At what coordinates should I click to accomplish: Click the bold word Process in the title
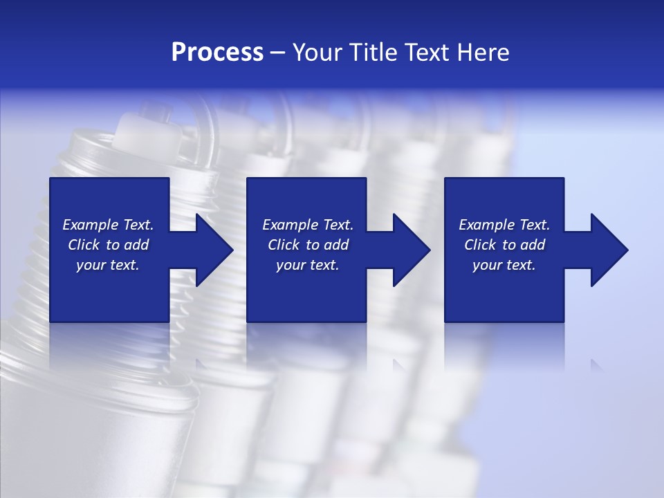[x=217, y=53]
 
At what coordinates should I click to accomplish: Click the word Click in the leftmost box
[x=84, y=245]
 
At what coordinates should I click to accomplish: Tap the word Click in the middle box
[x=284, y=245]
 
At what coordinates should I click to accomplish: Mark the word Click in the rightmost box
[x=480, y=245]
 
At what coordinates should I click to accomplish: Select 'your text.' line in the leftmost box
[x=108, y=265]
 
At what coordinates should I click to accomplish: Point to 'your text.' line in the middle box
[x=308, y=265]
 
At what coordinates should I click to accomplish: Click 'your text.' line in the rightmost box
[x=504, y=265]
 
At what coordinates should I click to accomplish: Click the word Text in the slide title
[x=428, y=53]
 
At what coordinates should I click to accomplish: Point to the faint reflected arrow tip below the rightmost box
[x=596, y=365]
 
